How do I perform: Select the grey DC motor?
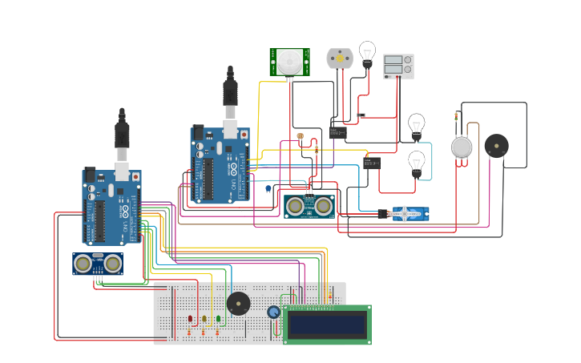click(x=339, y=58)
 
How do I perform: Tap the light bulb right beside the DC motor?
click(x=367, y=53)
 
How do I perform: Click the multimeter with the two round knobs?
click(x=398, y=66)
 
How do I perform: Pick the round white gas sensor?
click(x=462, y=147)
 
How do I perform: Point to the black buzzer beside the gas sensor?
click(x=496, y=146)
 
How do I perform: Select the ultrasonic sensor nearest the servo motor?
click(x=309, y=206)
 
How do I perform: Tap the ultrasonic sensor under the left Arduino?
click(x=98, y=263)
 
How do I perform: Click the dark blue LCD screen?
click(x=327, y=324)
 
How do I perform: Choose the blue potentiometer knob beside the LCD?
click(x=273, y=313)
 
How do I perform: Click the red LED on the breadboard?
click(x=191, y=319)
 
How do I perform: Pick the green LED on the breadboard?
click(x=218, y=319)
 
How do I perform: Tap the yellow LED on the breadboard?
click(x=204, y=319)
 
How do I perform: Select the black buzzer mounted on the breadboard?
click(x=237, y=304)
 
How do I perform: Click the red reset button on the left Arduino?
click(x=135, y=175)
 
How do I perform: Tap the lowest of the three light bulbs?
click(x=417, y=162)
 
